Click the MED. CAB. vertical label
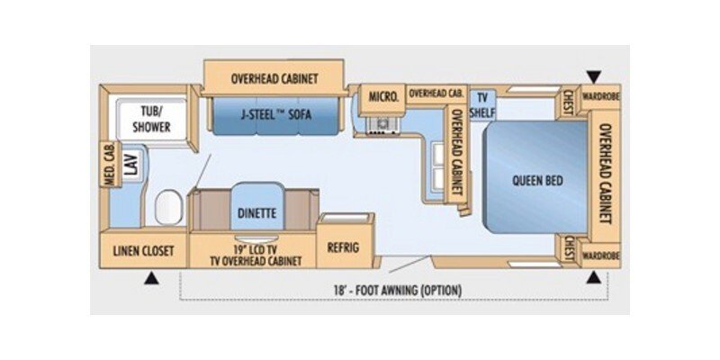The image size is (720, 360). point(109,166)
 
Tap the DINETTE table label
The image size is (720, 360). point(257,212)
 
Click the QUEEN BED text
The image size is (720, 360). point(537,180)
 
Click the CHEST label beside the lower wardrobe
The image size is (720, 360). point(569,249)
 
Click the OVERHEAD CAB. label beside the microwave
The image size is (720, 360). point(436,94)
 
